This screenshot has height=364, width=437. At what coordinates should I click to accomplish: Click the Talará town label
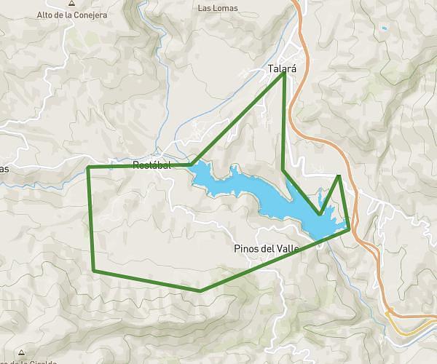click(x=283, y=69)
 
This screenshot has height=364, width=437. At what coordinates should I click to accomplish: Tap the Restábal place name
click(x=151, y=165)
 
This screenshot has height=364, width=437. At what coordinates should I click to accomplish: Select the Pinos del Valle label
click(x=267, y=249)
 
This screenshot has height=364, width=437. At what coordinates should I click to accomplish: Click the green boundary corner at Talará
click(x=283, y=74)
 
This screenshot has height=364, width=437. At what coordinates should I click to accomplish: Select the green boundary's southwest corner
click(x=94, y=271)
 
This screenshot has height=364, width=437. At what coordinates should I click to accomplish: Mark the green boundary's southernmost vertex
click(x=200, y=290)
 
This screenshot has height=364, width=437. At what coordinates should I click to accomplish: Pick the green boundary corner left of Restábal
click(x=88, y=167)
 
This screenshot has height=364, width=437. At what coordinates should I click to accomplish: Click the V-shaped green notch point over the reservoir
click(x=319, y=214)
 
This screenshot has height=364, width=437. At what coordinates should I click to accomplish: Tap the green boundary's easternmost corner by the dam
click(x=350, y=228)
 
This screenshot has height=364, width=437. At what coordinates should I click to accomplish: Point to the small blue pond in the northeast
click(x=383, y=28)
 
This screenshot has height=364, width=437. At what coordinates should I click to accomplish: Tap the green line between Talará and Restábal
click(x=237, y=120)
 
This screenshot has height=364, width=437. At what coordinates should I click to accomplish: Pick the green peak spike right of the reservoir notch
click(x=339, y=176)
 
